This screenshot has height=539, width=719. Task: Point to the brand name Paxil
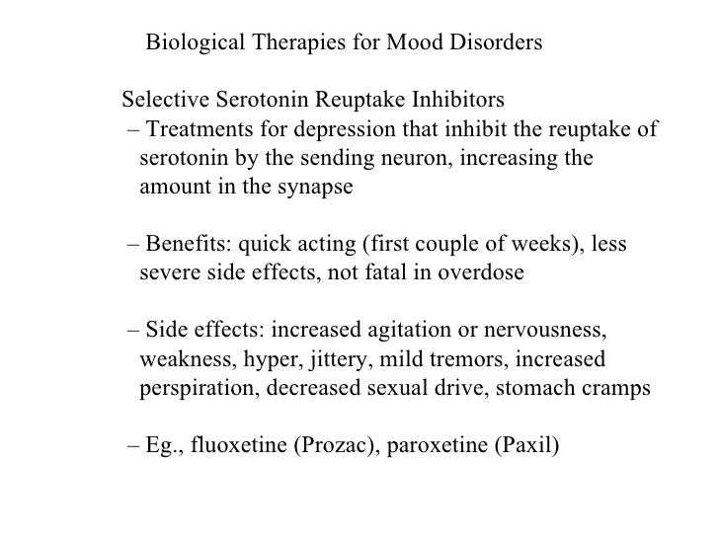point(522,443)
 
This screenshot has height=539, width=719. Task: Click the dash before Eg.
point(133,443)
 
